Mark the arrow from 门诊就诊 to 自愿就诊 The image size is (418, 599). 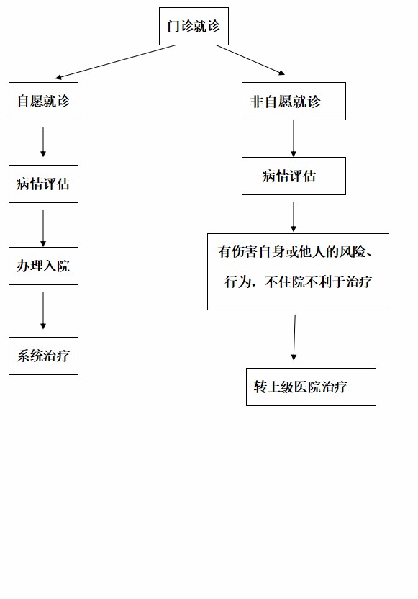[x=115, y=61]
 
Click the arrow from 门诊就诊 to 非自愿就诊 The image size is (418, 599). [x=251, y=59]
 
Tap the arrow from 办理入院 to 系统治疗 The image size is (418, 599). [x=43, y=310]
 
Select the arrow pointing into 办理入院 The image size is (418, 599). [x=43, y=228]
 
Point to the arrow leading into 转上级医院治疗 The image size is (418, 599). [x=294, y=338]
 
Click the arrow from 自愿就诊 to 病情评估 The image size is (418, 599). [x=43, y=142]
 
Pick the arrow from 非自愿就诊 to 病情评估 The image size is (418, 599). [x=294, y=138]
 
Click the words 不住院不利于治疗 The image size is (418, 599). [x=318, y=282]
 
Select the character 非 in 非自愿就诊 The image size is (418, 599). [x=257, y=102]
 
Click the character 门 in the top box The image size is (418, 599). [x=173, y=27]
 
